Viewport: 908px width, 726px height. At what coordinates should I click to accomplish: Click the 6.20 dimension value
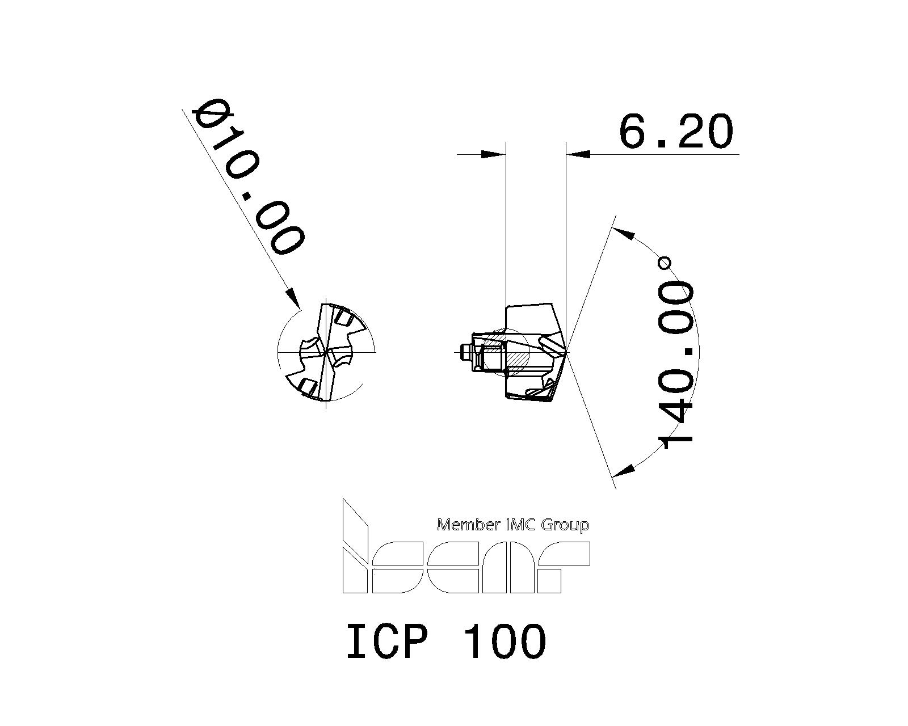point(675,131)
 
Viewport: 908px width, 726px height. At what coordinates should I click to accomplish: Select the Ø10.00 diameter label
point(249,177)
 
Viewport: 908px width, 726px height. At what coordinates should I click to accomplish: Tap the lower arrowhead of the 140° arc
point(624,470)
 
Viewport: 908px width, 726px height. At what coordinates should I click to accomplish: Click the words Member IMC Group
point(512,525)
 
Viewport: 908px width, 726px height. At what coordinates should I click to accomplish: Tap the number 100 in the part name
point(505,641)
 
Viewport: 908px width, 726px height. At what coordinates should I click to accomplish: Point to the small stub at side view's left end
point(465,352)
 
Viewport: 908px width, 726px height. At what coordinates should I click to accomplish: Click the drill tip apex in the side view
point(566,352)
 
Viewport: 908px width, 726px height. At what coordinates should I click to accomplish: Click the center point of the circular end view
point(326,352)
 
